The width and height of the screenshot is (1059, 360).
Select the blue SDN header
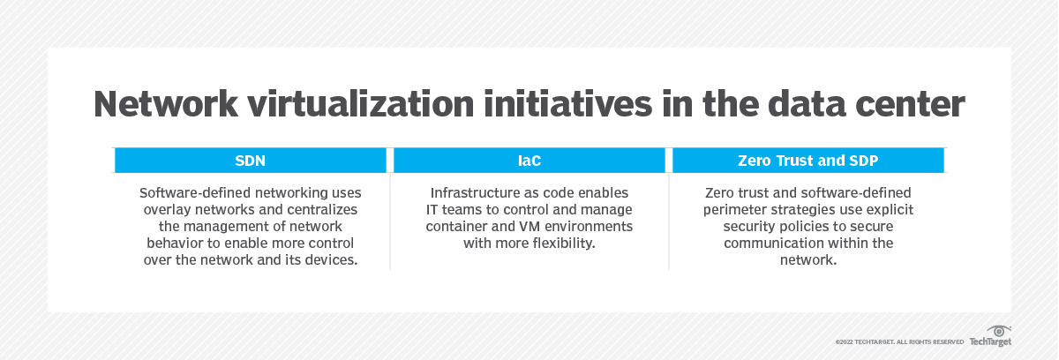(x=251, y=160)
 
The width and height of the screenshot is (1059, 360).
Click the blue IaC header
(x=529, y=160)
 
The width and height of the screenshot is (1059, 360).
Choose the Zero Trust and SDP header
(x=807, y=160)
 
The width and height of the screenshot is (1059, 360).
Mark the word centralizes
(x=324, y=209)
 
